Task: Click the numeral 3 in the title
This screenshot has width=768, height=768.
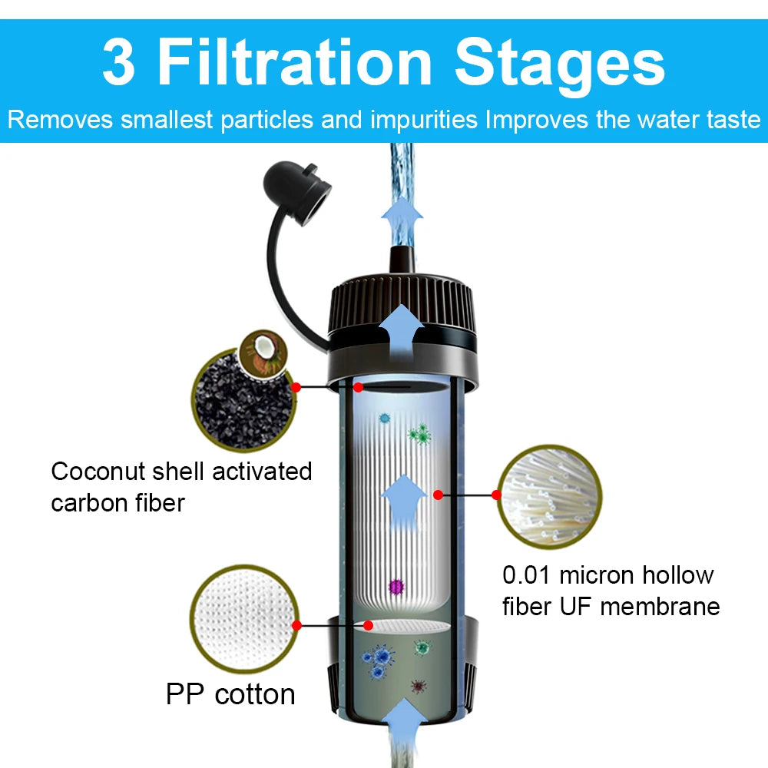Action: (x=118, y=64)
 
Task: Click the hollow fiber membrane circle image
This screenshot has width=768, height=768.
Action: (x=549, y=496)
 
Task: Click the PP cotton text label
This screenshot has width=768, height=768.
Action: (x=230, y=694)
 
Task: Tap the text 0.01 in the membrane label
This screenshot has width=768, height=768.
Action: (x=527, y=575)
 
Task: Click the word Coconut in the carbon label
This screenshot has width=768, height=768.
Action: (x=104, y=471)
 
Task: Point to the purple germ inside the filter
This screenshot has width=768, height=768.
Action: (x=396, y=587)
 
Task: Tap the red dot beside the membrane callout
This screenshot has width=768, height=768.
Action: (x=439, y=495)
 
